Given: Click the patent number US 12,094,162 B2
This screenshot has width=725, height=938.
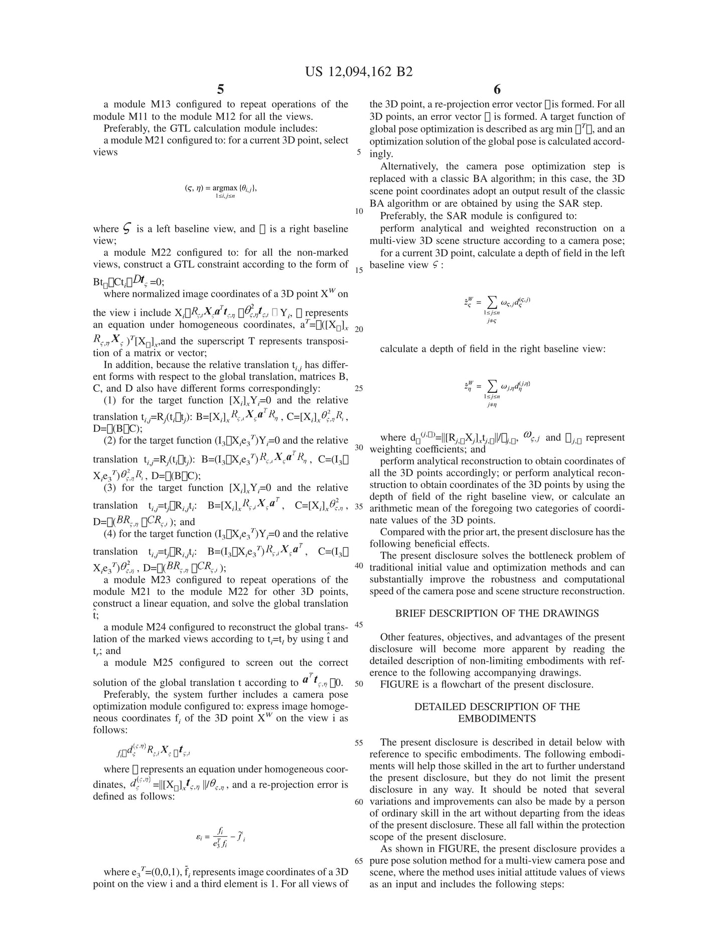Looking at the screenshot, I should (359, 72).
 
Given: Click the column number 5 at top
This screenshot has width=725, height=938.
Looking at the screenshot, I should (220, 90).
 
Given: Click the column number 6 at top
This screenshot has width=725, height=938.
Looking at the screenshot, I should (497, 90).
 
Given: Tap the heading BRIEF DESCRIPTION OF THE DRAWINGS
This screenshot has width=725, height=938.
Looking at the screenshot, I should (497, 613).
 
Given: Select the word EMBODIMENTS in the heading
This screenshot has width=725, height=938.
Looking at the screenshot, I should (497, 718).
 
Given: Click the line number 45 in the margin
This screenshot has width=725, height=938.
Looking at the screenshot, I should (358, 625).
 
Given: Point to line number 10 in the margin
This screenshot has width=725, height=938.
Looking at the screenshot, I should (358, 211).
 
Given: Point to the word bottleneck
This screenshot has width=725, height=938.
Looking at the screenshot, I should (556, 556).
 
